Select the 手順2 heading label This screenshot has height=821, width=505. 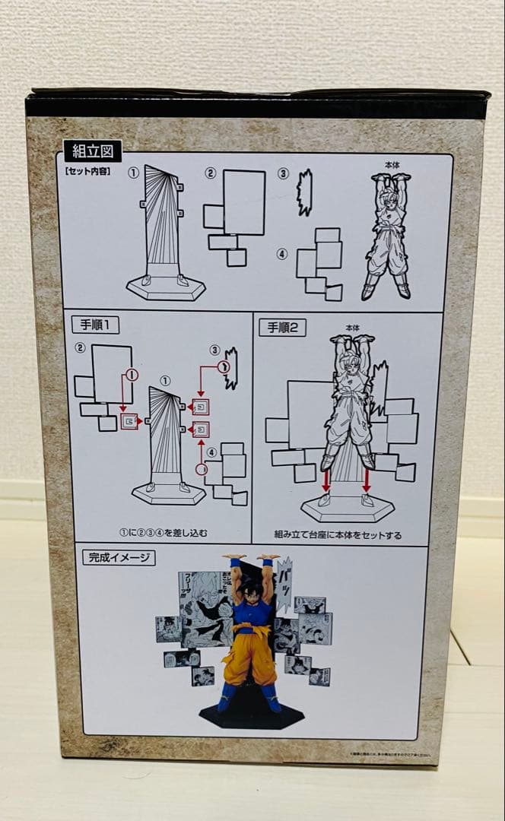283,328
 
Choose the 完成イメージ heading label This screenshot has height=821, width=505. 117,557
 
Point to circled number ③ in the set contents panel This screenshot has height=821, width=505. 283,174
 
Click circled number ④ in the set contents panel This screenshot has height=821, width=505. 282,254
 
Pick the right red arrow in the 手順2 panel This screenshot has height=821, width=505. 367,480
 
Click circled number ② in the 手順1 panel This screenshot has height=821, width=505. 79,349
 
